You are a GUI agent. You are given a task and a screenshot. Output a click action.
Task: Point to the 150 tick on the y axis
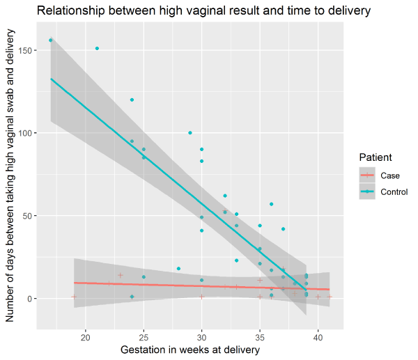coord(26,49)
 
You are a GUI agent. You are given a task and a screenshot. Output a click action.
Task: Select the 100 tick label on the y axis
coord(26,132)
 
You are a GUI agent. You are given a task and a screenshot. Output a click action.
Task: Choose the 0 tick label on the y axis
coord(30,299)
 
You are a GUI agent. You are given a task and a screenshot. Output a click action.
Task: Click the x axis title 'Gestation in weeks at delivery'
coord(190,350)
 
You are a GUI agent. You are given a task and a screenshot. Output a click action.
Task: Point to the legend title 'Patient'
coord(374,157)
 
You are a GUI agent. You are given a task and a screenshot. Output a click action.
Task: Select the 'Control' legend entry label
coord(394,191)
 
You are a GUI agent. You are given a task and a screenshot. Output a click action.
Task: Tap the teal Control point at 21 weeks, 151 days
coord(97,49)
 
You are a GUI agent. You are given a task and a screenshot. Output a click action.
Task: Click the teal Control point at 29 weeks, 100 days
coord(190,132)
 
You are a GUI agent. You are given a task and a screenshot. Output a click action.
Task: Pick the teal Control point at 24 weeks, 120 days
coord(132,100)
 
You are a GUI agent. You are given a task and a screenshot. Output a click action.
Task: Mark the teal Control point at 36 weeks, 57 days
coord(272,204)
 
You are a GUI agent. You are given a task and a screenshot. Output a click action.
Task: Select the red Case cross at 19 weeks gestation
coord(74,297)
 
